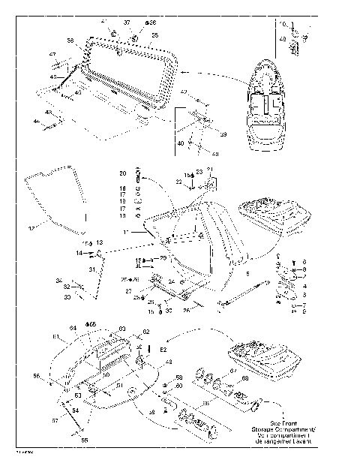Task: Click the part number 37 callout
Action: pyautogui.click(x=127, y=23)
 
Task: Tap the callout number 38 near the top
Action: pyautogui.click(x=151, y=23)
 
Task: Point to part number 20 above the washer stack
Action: pyautogui.click(x=122, y=173)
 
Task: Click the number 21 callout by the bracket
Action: pyautogui.click(x=210, y=169)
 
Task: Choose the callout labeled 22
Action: pyautogui.click(x=179, y=181)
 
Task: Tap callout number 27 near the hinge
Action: pyautogui.click(x=128, y=290)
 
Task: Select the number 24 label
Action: pyautogui.click(x=171, y=281)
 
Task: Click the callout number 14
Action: pyautogui.click(x=78, y=254)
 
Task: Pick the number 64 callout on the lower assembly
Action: pyautogui.click(x=73, y=328)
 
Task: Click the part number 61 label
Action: pyautogui.click(x=55, y=338)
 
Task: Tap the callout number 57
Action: pyautogui.click(x=54, y=421)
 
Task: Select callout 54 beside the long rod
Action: pyautogui.click(x=74, y=411)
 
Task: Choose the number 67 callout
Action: pyautogui.click(x=233, y=371)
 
